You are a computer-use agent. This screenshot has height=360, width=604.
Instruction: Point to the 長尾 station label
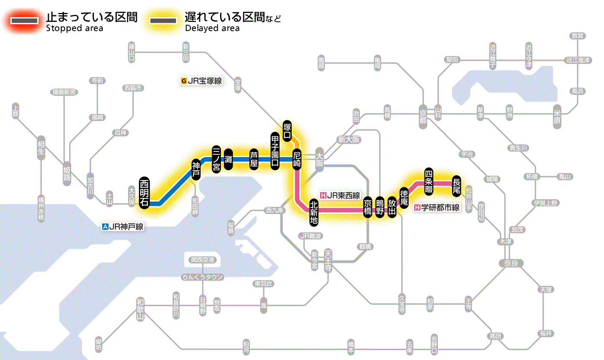tap(456, 184)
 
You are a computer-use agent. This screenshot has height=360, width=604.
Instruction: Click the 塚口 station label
tap(287, 131)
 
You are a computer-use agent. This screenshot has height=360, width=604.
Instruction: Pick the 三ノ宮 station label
tap(216, 159)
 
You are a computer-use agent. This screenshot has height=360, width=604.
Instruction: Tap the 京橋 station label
tap(368, 208)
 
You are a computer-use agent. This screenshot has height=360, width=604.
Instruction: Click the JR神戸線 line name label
tap(123, 226)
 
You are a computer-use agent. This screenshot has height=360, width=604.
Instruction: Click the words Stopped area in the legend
tap(74, 28)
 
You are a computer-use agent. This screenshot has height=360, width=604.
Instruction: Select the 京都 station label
tap(423, 115)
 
